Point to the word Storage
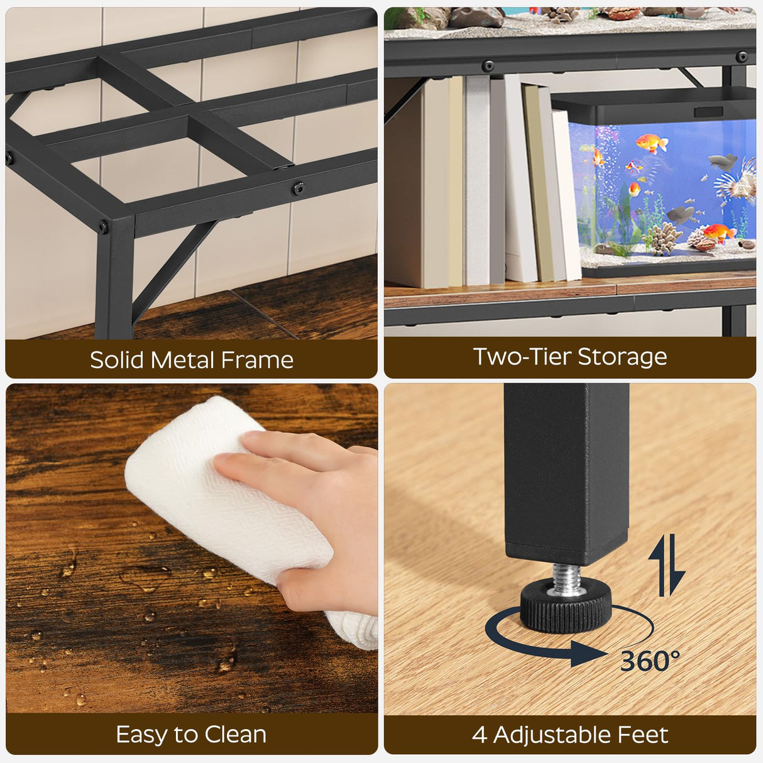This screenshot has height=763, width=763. pos(622,356)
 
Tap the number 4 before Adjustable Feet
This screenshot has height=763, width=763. pos(479,734)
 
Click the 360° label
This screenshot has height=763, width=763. pos(649,661)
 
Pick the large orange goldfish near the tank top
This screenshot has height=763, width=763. pos(650,144)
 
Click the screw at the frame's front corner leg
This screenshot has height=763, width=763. pos(102,225)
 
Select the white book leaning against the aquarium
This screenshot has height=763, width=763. pos(566,195)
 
